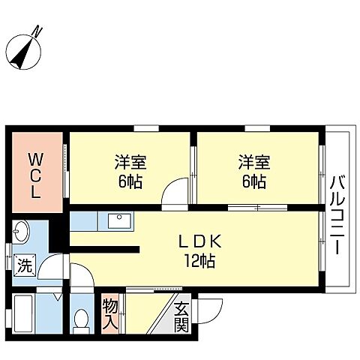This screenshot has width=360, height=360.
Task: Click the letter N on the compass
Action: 38,31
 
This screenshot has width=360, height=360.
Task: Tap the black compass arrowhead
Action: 22,53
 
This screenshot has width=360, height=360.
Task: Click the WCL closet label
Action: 36,176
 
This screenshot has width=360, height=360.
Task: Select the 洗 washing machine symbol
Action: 25,265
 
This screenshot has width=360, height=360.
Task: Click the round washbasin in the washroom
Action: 22,232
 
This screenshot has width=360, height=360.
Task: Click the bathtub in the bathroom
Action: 23,314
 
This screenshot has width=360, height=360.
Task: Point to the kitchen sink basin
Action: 119,221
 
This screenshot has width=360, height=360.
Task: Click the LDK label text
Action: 199,241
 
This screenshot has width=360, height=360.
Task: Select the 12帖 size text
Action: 199,261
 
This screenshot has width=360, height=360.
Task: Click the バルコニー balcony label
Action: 337,215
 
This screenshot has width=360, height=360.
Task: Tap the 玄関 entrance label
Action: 181,316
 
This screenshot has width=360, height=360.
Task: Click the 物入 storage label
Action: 110,313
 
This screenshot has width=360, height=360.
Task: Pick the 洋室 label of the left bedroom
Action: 130,162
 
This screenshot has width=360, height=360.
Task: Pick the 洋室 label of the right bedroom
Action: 254,162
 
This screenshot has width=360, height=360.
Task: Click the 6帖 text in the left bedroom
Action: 130,181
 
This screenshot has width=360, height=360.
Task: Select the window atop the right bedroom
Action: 257,128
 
